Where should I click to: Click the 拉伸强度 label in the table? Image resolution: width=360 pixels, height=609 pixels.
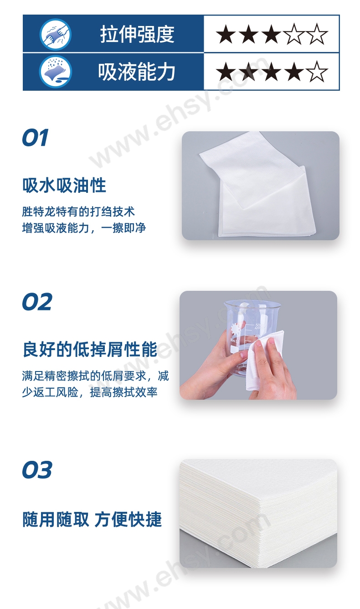[x=137, y=34]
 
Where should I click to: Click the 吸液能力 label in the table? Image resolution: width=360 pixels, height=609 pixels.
[x=137, y=72]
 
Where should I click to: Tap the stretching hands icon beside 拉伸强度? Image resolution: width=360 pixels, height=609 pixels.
[x=56, y=35]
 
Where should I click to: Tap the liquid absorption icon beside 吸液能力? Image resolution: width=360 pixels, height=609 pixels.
[x=56, y=72]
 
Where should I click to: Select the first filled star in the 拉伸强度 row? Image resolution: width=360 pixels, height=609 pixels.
[x=226, y=34]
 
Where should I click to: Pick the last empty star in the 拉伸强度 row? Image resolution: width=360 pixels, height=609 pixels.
[x=317, y=34]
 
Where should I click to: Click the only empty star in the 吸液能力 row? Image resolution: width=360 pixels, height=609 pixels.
[x=317, y=71]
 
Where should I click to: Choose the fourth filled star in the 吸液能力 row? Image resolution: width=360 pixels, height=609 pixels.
[x=294, y=71]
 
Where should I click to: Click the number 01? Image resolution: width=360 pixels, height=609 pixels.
[x=36, y=138]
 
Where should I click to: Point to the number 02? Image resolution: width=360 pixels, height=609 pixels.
[x=37, y=302]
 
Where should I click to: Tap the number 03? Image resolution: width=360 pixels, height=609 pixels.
[x=37, y=470]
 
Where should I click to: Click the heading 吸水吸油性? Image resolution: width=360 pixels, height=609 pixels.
[x=64, y=186]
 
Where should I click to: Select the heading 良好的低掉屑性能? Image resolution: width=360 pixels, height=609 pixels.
[x=90, y=349]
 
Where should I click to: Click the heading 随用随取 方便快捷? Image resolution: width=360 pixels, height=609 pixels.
[x=92, y=519]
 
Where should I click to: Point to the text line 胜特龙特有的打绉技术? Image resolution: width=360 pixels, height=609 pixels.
[x=78, y=212]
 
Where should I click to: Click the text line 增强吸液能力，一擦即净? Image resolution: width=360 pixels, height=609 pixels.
[x=84, y=228]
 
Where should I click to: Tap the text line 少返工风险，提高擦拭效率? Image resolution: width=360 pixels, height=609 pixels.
[x=90, y=392]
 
